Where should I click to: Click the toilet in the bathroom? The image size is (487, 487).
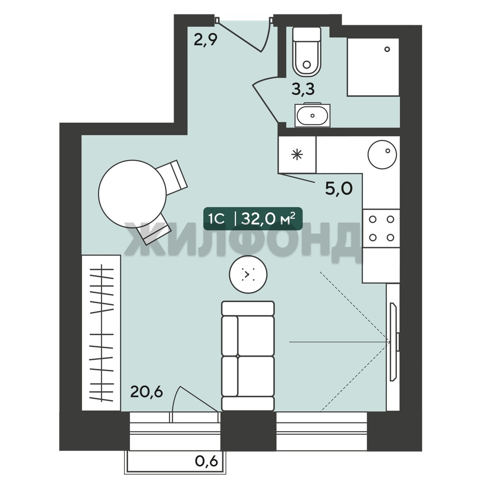(307, 51)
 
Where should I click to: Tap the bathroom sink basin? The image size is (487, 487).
(312, 115)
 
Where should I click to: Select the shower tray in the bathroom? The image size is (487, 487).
(373, 67)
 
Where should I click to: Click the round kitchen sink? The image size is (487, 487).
(382, 154)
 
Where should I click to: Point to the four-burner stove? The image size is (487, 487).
(381, 228)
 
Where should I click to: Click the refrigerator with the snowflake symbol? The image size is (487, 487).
(297, 154)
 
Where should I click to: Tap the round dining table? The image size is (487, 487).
(132, 194)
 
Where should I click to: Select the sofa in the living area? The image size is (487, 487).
(248, 356)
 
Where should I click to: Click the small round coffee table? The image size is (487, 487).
(248, 274)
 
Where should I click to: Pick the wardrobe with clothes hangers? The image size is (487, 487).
(101, 333)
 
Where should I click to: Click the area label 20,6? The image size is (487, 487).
(147, 392)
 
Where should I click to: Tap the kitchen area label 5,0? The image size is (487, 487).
(339, 189)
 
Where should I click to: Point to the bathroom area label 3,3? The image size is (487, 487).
(303, 89)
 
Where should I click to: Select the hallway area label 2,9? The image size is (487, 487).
(205, 40)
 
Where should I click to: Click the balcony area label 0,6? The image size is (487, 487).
(207, 461)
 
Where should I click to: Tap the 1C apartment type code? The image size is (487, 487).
(217, 219)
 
